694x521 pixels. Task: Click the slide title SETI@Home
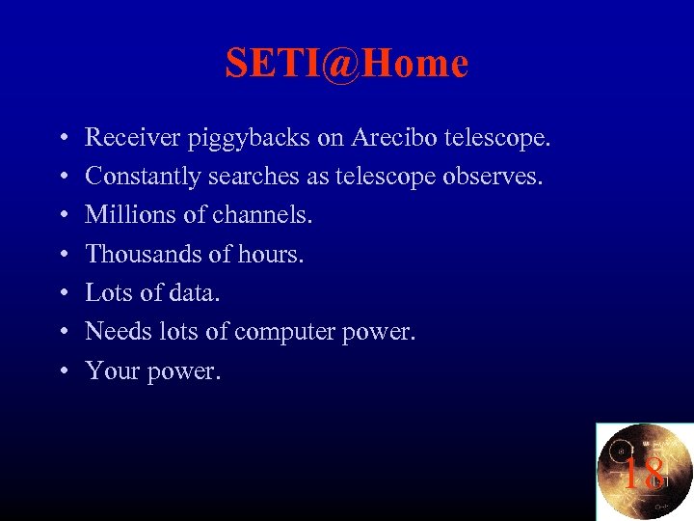click(x=347, y=64)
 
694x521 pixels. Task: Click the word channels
click(x=262, y=215)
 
